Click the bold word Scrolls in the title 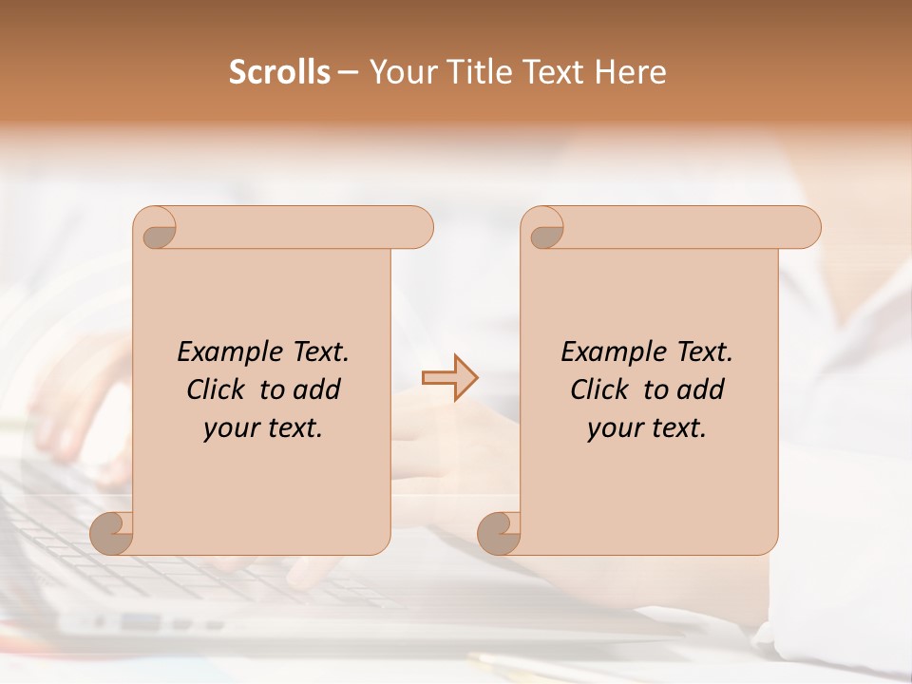(279, 72)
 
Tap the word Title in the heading (480, 72)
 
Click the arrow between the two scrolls (449, 378)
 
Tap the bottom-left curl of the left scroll (112, 533)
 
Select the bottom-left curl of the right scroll (499, 533)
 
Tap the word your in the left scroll (229, 428)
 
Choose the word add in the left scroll (318, 389)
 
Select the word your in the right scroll (613, 428)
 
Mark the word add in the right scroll (702, 389)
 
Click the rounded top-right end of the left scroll (418, 227)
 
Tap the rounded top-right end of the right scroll (806, 227)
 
